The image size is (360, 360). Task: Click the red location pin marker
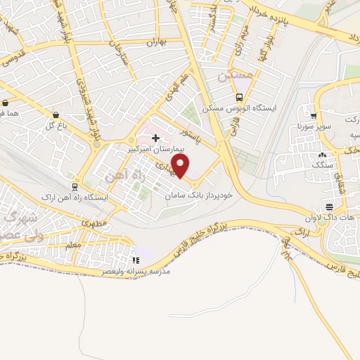(181, 166)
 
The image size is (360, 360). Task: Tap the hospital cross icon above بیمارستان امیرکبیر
(155, 138)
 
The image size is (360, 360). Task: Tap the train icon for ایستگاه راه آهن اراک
(74, 186)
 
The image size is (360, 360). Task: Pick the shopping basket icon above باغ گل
(55, 115)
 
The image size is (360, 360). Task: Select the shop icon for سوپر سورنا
(314, 117)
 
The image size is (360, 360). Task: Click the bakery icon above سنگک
(322, 154)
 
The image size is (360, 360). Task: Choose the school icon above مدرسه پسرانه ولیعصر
(136, 260)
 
